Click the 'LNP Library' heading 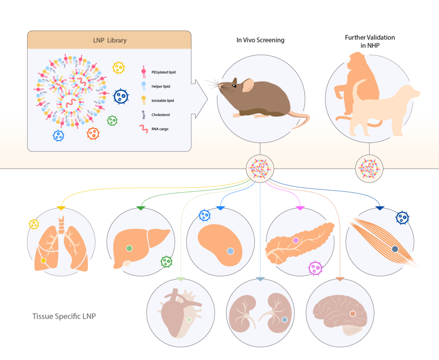coord(110,40)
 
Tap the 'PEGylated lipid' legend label coord(163,72)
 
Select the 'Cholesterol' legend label coord(160,115)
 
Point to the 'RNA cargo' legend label coord(160,129)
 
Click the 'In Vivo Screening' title coord(260,40)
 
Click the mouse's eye coord(234,85)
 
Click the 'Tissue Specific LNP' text coord(64,316)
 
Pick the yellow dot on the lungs coord(43,260)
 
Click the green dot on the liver coord(129,248)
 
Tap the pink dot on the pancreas coord(295,240)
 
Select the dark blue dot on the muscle coord(395,249)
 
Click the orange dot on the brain coord(353,314)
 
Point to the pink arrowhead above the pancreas coord(300,208)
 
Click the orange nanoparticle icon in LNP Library coord(93,133)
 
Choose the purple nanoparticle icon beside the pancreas coord(315,268)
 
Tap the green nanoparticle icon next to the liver coord(166,261)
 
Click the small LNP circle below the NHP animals coord(369,169)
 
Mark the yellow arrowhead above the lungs coord(61,208)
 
